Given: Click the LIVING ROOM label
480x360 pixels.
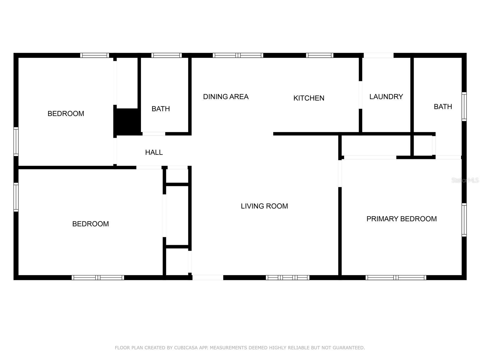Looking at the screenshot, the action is [x=264, y=206].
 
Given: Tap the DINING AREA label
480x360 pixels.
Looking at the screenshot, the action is [x=226, y=97].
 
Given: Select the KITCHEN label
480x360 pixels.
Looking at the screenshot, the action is [x=309, y=98].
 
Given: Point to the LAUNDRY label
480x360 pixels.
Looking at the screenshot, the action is [x=386, y=97].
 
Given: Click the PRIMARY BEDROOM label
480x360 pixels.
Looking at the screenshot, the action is [x=401, y=219].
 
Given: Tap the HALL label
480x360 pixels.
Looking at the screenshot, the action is [x=154, y=152].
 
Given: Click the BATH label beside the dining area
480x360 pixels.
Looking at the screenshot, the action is [x=161, y=109].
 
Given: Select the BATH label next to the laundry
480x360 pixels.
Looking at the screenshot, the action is [x=443, y=107].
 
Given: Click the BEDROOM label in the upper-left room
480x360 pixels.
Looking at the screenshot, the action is [x=66, y=114].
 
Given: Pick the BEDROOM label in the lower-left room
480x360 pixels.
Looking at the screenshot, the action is [x=91, y=224].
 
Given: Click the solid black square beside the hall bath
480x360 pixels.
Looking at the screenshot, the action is [x=127, y=121].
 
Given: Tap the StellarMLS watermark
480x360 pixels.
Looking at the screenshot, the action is [x=465, y=180].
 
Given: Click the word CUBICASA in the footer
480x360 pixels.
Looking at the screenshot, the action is [x=186, y=347].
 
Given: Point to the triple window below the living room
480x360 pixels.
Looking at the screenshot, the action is [x=288, y=277].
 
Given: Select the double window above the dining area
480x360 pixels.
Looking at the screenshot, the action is [x=238, y=55].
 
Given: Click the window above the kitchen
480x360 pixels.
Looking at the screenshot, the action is [x=319, y=55].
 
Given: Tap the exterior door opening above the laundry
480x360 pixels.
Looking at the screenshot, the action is [x=379, y=55].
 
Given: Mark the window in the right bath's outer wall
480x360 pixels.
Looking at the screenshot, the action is [x=464, y=107].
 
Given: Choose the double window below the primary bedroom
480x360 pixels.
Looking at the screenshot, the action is [x=396, y=277].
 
